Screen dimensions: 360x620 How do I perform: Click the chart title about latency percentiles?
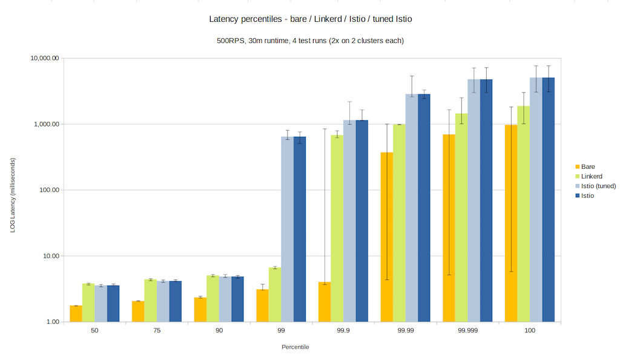point(310,19)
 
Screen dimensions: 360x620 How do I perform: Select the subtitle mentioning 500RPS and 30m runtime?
point(310,41)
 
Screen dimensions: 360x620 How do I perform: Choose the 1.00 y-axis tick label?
point(53,322)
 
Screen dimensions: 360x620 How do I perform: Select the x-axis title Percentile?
point(295,347)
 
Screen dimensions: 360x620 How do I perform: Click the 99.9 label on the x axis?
point(343,331)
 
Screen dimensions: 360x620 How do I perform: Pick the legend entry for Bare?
point(588,166)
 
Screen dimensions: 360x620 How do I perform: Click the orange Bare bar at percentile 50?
point(76,314)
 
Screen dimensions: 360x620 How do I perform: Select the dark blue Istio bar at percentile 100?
point(549,200)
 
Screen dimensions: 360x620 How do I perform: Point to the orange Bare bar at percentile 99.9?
point(325,302)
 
